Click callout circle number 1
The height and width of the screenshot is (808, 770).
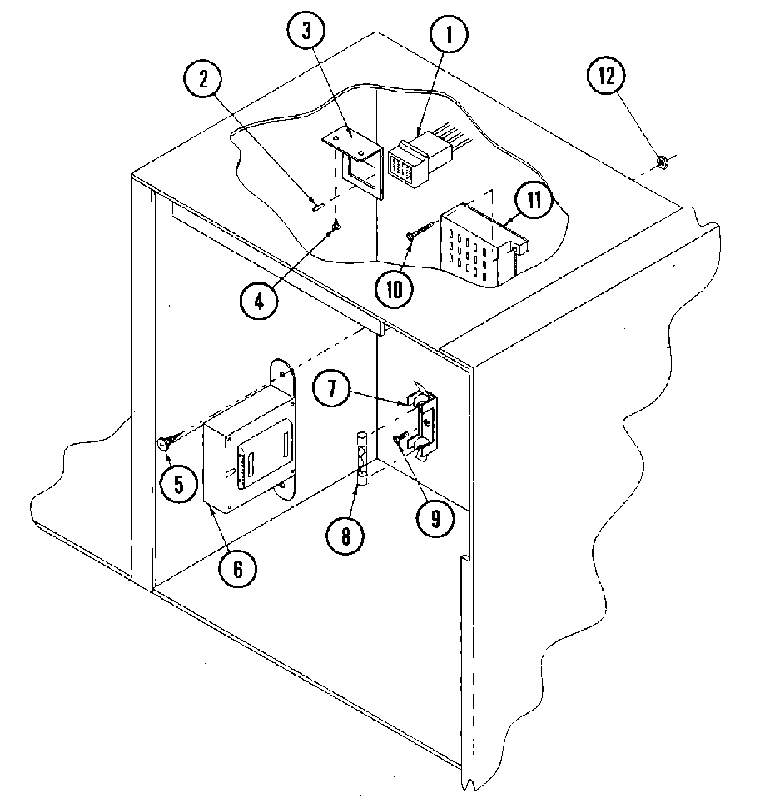click(x=450, y=36)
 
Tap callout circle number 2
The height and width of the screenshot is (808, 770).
click(x=203, y=81)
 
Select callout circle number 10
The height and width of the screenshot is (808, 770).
click(x=393, y=288)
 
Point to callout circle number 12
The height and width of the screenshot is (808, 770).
click(x=606, y=77)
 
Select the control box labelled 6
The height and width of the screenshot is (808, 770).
click(x=247, y=454)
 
